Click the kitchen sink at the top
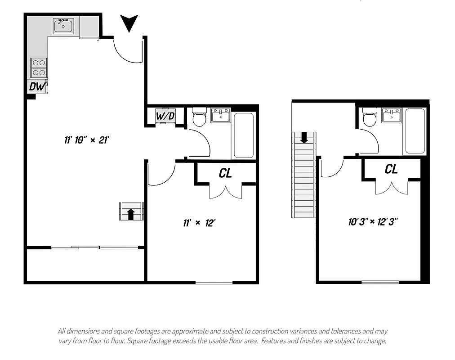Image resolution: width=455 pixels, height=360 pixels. coord(63,26)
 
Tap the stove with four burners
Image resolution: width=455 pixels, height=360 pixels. coord(39,68)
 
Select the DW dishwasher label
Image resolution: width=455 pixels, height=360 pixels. coord(37,86)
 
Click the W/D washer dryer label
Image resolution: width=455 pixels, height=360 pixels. coord(165,116)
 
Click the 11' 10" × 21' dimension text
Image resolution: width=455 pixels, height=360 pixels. coord(87,140)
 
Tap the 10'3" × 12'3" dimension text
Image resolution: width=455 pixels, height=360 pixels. coord(373,221)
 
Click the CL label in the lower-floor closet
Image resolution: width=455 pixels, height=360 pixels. coord(225,173)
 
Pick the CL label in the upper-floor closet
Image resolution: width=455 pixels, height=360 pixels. coord(391,169)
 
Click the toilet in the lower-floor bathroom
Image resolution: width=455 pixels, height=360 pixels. coord(199,118)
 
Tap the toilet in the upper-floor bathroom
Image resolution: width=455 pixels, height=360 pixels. coord(370,118)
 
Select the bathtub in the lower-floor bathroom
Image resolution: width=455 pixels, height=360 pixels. coord(243,135)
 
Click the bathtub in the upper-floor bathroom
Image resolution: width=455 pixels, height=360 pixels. coord(415,131)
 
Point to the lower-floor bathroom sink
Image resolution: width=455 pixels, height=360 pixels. coord(220,115)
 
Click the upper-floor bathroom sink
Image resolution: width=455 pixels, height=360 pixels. coord(391,115)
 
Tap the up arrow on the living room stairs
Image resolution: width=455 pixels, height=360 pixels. coord(131,214)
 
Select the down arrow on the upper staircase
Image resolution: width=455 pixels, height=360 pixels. coord(304,137)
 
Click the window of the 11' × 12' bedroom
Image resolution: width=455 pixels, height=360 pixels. coord(214,282)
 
